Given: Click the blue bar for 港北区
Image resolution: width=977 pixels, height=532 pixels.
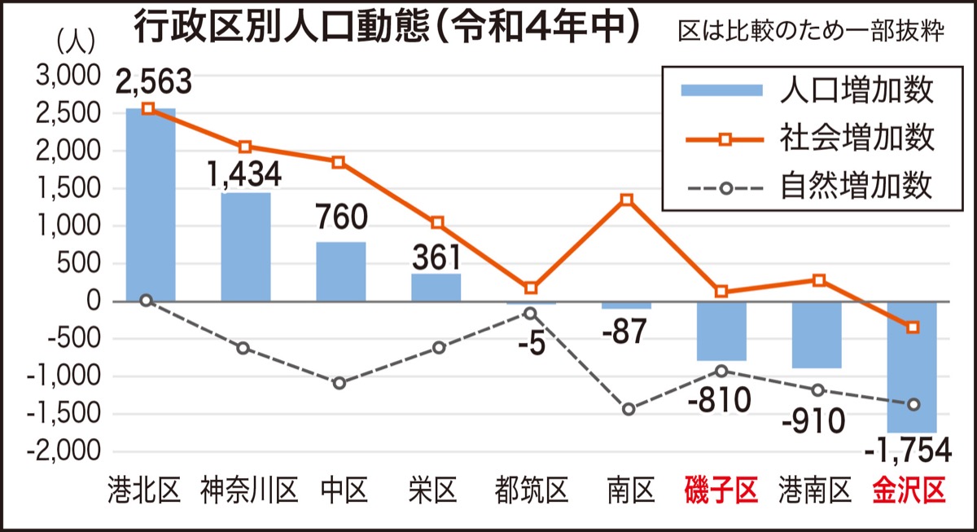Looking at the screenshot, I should (x=151, y=204).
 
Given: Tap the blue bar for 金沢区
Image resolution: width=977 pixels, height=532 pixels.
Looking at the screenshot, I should (x=913, y=367).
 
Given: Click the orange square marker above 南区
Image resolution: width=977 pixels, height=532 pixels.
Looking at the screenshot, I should (x=626, y=200).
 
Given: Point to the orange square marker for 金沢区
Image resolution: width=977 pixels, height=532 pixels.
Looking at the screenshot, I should (x=913, y=327).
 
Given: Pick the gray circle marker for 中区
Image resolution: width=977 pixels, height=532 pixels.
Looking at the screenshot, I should (x=340, y=383).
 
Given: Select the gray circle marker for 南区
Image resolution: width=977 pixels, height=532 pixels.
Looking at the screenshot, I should (x=628, y=409).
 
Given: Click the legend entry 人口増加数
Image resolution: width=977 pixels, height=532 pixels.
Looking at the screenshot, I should (x=855, y=90).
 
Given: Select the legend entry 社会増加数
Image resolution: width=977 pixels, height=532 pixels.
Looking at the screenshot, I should (x=855, y=138).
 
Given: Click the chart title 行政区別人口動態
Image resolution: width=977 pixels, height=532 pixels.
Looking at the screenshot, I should (x=277, y=29).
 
